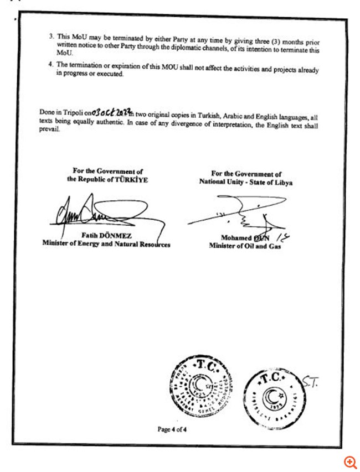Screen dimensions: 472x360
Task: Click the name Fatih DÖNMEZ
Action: click(105, 234)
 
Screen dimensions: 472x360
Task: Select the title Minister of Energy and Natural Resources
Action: click(106, 243)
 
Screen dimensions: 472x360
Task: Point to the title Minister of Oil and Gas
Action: click(245, 246)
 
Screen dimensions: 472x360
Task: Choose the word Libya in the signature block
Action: click(281, 182)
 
